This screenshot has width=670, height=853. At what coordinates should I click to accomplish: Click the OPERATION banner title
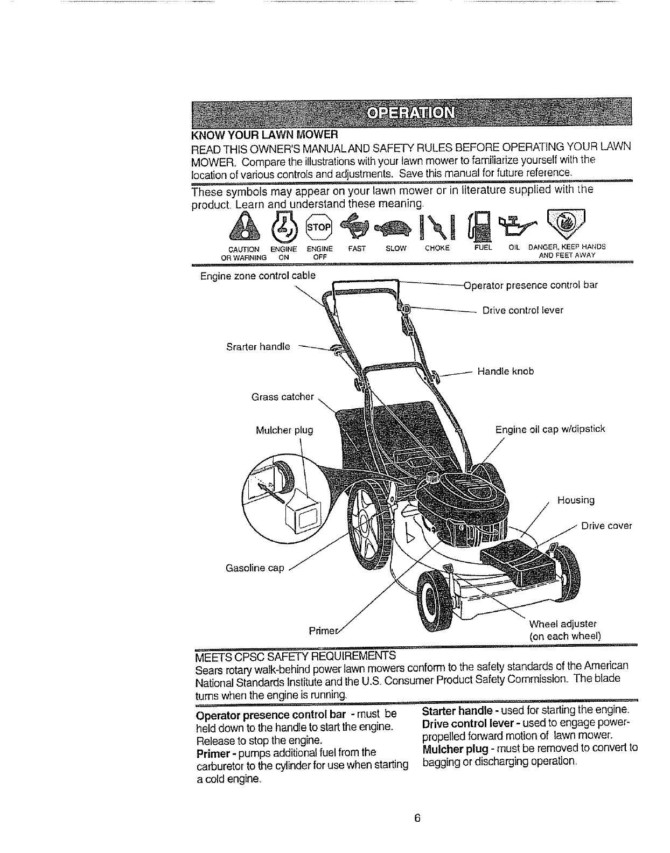(411, 113)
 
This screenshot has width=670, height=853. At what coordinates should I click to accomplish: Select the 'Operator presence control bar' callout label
(531, 285)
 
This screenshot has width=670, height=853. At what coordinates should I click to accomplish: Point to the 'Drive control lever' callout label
(522, 310)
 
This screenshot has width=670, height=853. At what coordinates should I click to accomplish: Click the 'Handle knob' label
(506, 371)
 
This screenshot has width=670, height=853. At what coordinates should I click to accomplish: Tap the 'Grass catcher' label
(282, 397)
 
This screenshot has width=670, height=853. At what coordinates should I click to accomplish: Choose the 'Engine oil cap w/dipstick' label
(550, 429)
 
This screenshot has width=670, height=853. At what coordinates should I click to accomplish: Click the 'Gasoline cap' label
(255, 568)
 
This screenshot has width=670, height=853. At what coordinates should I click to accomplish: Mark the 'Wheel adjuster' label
(563, 624)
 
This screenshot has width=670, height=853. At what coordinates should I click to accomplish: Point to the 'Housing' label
(576, 500)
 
